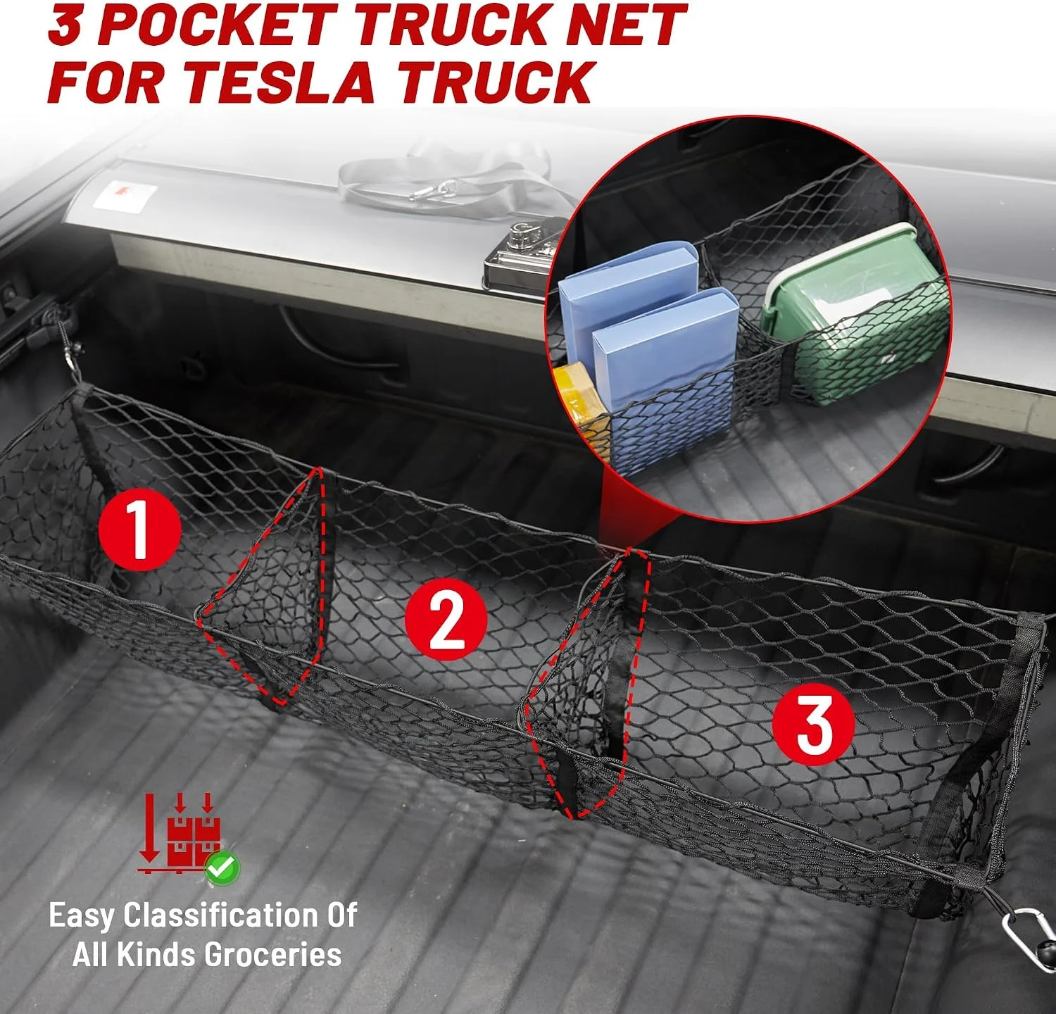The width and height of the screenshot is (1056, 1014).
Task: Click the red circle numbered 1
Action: [x=139, y=529]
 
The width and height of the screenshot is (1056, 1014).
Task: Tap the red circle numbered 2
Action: [x=446, y=619]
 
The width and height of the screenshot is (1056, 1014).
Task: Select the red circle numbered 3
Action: [x=813, y=725]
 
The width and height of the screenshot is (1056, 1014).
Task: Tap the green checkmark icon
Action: [x=222, y=868]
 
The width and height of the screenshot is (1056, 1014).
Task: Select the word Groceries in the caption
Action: [x=273, y=955]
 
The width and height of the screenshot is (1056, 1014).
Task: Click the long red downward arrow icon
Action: [x=149, y=828]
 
